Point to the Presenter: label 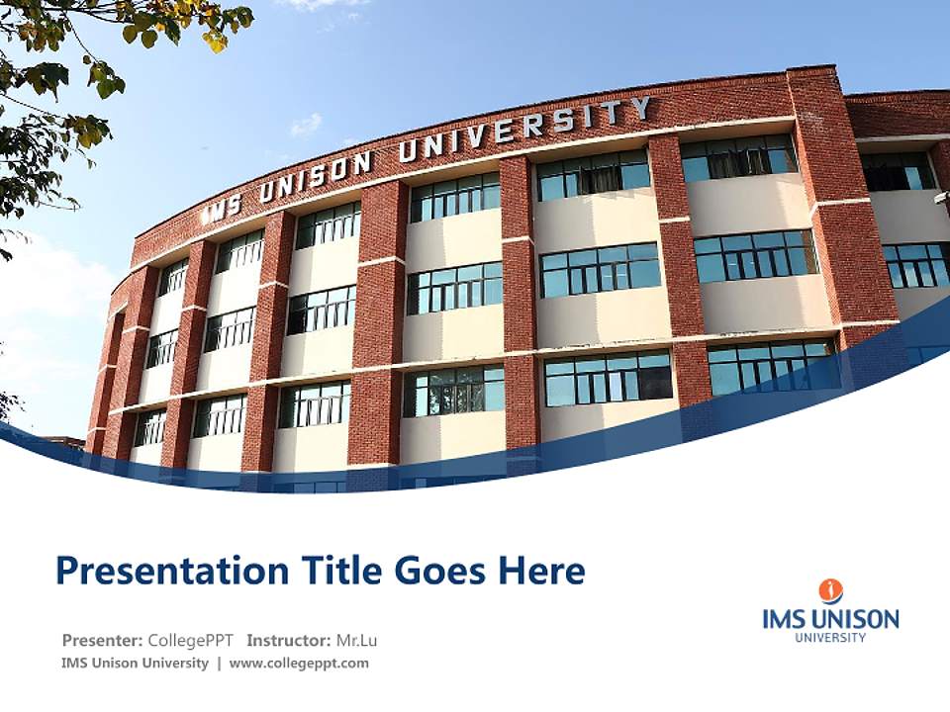(103, 640)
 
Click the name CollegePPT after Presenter (192, 640)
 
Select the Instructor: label (288, 640)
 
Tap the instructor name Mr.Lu (356, 640)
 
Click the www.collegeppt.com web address (299, 664)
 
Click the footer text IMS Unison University (135, 664)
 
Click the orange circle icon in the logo (831, 591)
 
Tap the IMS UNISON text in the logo (831, 620)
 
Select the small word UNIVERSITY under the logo (831, 638)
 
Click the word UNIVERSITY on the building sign (524, 131)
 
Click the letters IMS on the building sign (222, 207)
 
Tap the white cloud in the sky (306, 124)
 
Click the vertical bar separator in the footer (219, 664)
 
